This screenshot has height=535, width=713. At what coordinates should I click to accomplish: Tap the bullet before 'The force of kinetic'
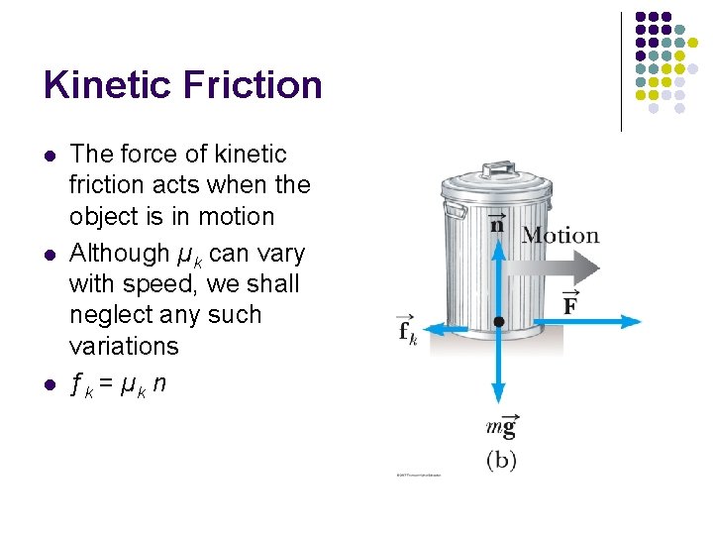pyautogui.click(x=49, y=156)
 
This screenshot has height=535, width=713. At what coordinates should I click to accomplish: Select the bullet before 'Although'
pyautogui.click(x=49, y=255)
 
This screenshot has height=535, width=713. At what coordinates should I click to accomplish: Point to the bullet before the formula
pyautogui.click(x=49, y=385)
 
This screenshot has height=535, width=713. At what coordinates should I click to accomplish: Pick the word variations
pyautogui.click(x=124, y=346)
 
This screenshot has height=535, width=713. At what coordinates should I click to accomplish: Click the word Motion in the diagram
pyautogui.click(x=560, y=236)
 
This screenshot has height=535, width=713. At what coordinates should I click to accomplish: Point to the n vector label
pyautogui.click(x=497, y=223)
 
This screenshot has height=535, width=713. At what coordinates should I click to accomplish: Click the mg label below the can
pyautogui.click(x=501, y=427)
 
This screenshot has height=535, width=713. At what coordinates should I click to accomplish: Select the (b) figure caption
pyautogui.click(x=501, y=460)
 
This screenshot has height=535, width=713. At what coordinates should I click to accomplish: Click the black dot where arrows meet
pyautogui.click(x=499, y=322)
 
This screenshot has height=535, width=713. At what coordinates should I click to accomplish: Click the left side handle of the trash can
pyautogui.click(x=454, y=212)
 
